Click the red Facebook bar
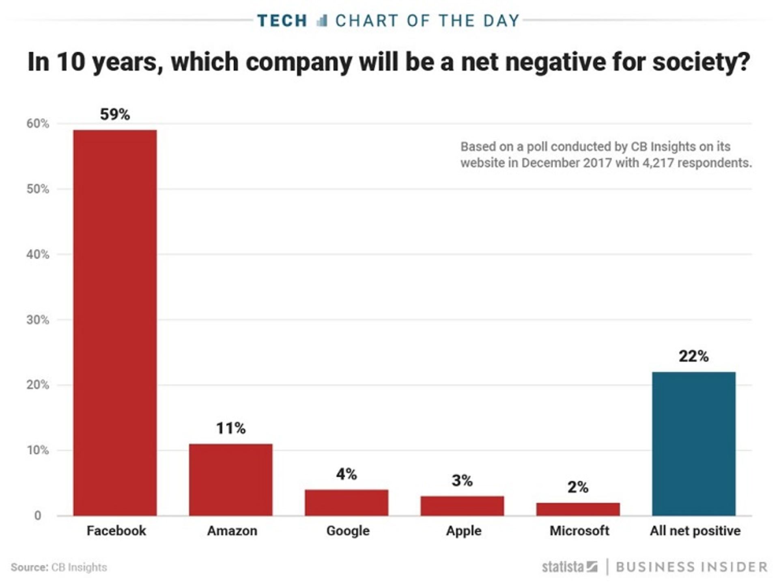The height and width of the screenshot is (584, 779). (x=115, y=323)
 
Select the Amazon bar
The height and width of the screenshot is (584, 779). (x=230, y=480)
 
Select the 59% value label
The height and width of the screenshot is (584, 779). (x=115, y=114)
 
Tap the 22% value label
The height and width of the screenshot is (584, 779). (x=693, y=356)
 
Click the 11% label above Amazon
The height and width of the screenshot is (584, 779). (x=230, y=428)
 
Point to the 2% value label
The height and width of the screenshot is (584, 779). (x=578, y=487)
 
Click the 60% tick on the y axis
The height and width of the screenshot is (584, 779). (x=38, y=124)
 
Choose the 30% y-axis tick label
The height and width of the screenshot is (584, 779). (x=38, y=320)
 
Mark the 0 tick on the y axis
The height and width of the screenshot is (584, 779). (x=38, y=515)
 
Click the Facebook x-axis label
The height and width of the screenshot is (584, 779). (x=116, y=531)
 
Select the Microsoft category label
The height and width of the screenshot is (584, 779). (x=579, y=531)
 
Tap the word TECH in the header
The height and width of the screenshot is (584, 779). (x=282, y=21)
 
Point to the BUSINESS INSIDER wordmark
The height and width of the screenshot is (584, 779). (x=691, y=567)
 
